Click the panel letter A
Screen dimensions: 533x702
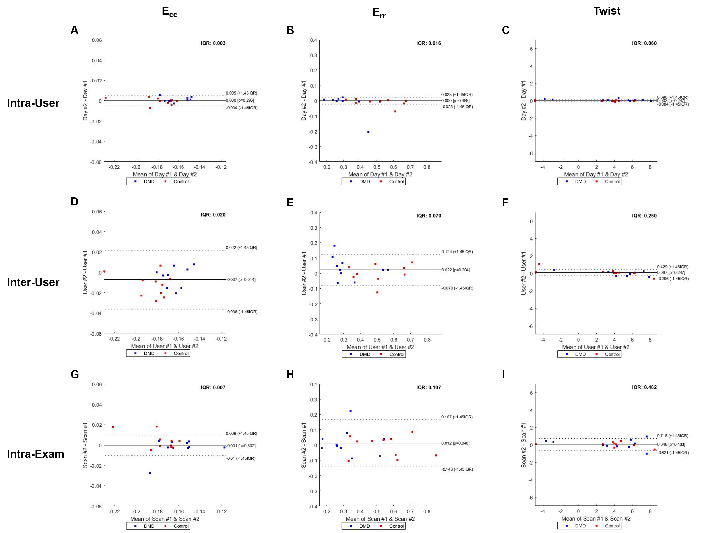[74, 30]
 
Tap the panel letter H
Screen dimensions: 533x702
[290, 375]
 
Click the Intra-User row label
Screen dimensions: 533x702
[33, 103]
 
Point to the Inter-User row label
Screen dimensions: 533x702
[33, 282]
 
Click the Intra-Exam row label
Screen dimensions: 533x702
[35, 454]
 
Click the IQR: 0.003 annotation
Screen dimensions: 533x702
[213, 43]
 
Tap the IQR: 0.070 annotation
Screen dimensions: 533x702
[429, 216]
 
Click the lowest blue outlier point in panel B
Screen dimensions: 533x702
[368, 132]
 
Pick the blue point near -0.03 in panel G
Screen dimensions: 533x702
[150, 473]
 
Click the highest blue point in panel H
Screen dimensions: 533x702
[351, 411]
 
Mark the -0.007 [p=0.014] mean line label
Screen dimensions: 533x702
[241, 279]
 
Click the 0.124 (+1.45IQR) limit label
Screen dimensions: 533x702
[457, 252]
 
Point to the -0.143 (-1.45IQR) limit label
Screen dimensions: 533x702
[457, 469]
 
